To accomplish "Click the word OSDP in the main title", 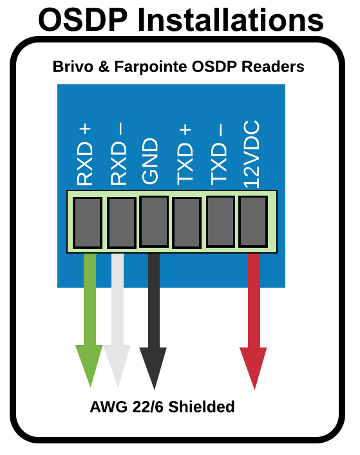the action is pyautogui.click(x=83, y=20).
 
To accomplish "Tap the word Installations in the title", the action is pyautogui.click(x=231, y=20).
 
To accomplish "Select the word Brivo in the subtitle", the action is pyautogui.click(x=73, y=66).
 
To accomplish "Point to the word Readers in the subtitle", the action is pyautogui.click(x=273, y=66).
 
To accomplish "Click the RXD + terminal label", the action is pyautogui.click(x=84, y=154).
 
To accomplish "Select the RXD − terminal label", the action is pyautogui.click(x=118, y=154).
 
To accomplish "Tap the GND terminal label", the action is pyautogui.click(x=150, y=161).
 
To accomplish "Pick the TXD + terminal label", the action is pyautogui.click(x=185, y=155).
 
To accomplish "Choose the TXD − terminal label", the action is pyautogui.click(x=218, y=154).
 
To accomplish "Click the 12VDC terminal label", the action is pyautogui.click(x=251, y=154).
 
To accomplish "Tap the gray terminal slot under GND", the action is pyautogui.click(x=154, y=221).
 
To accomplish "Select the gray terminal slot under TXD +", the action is pyautogui.click(x=187, y=223).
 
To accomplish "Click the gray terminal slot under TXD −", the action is pyautogui.click(x=220, y=221).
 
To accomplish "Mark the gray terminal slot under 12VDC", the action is pyautogui.click(x=253, y=221).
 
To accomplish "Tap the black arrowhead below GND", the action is pyautogui.click(x=153, y=366).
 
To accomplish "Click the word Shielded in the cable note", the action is pyautogui.click(x=202, y=407).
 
